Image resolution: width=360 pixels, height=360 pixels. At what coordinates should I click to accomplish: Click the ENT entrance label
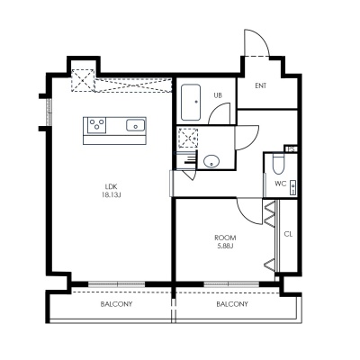pos(261,85)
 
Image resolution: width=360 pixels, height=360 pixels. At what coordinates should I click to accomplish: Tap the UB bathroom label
pos(218,95)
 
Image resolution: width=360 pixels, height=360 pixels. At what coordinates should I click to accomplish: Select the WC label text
pos(281,184)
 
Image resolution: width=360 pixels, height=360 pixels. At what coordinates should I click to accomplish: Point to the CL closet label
pos(288,234)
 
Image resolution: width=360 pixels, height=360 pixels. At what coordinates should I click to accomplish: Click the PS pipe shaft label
pos(291,149)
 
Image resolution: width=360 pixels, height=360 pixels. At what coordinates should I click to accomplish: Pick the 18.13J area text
pos(112,195)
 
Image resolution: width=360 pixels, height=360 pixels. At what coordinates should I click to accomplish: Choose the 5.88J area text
pos(225,246)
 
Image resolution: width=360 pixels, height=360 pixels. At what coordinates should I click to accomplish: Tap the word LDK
pos(111,186)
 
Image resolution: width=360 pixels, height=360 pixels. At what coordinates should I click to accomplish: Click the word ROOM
pos(225,238)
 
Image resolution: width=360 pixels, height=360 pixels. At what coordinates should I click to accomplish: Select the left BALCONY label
pos(116,304)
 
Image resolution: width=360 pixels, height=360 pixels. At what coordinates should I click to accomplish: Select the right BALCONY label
pos(232,304)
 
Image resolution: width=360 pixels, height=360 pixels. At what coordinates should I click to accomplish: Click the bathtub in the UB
pos(191,103)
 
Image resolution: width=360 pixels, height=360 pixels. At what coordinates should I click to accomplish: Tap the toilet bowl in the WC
pos(278,164)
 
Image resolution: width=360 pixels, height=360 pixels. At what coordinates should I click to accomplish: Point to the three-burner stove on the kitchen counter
pos(97,125)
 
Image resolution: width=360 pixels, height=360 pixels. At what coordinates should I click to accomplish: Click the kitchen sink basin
pos(136,125)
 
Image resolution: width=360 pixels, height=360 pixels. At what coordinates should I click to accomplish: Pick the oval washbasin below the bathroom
pos(211,161)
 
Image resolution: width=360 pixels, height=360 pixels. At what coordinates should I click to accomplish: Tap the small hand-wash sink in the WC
pos(292,188)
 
